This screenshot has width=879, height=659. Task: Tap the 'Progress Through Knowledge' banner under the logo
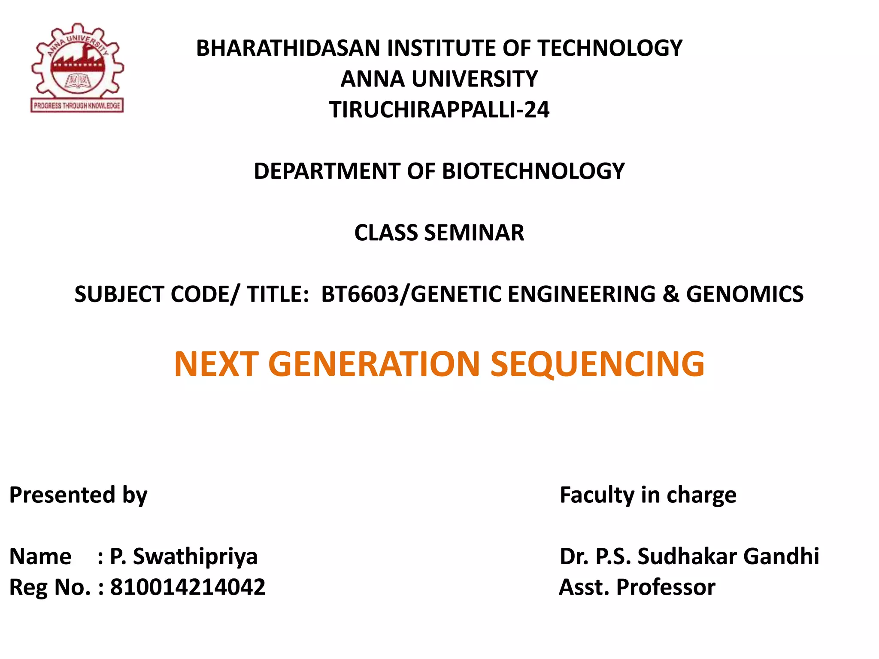pyautogui.click(x=77, y=106)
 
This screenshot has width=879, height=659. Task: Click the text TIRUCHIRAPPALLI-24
pyautogui.click(x=439, y=110)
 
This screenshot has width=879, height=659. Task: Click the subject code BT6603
pyautogui.click(x=360, y=294)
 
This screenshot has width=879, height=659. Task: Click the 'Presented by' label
pyautogui.click(x=78, y=495)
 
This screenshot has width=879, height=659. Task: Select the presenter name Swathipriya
pyautogui.click(x=195, y=556)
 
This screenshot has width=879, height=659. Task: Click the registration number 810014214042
pyautogui.click(x=188, y=587)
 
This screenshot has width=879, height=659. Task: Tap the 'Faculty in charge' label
pyautogui.click(x=648, y=495)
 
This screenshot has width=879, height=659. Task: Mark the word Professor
pyautogui.click(x=666, y=587)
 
